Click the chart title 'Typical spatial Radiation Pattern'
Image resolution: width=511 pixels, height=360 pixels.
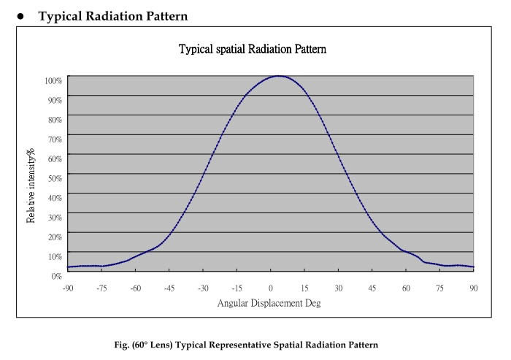click(253, 50)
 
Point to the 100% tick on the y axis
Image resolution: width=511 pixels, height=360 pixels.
click(54, 78)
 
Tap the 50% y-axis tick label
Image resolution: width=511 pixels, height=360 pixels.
click(55, 177)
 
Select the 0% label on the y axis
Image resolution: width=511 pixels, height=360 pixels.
click(57, 275)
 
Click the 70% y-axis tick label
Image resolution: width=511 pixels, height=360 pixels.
click(55, 138)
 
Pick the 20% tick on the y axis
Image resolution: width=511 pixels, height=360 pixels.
click(55, 237)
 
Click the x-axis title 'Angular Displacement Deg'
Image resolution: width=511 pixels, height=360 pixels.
click(269, 302)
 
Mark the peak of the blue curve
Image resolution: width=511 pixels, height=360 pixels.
click(278, 76)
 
